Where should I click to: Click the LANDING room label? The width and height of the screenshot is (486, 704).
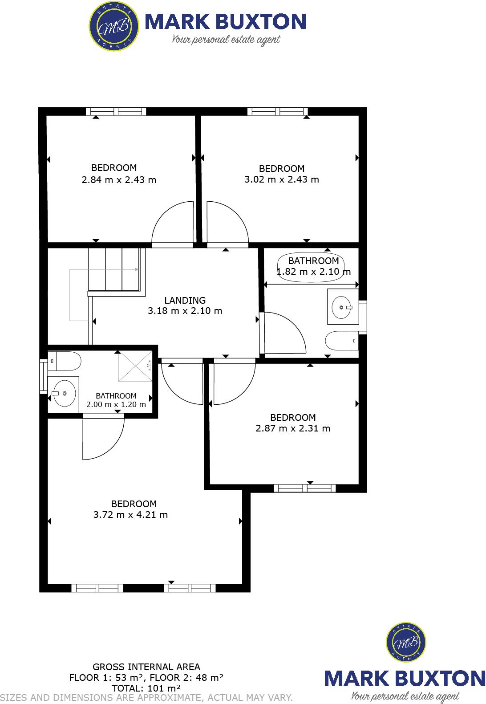pyautogui.click(x=185, y=300)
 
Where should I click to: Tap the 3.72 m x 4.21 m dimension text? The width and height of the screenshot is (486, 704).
pyautogui.click(x=130, y=515)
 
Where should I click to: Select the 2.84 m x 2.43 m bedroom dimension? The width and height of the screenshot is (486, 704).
pyautogui.click(x=119, y=180)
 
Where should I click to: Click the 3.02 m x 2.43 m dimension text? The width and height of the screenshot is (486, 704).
pyautogui.click(x=282, y=179)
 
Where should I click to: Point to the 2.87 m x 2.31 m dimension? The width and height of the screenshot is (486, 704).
pyautogui.click(x=293, y=428)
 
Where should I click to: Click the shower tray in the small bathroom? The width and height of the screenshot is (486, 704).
pyautogui.click(x=135, y=366)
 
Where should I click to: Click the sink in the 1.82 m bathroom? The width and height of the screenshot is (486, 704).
pyautogui.click(x=342, y=307)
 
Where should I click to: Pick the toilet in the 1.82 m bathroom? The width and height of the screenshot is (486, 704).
pyautogui.click(x=340, y=342)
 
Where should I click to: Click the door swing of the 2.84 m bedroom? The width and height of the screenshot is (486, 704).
pyautogui.click(x=171, y=224)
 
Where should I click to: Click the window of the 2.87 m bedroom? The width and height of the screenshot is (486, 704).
pyautogui.click(x=305, y=488)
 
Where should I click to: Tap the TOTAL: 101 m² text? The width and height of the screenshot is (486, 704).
pyautogui.click(x=146, y=688)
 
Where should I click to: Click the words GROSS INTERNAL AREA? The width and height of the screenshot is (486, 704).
pyautogui.click(x=146, y=667)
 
